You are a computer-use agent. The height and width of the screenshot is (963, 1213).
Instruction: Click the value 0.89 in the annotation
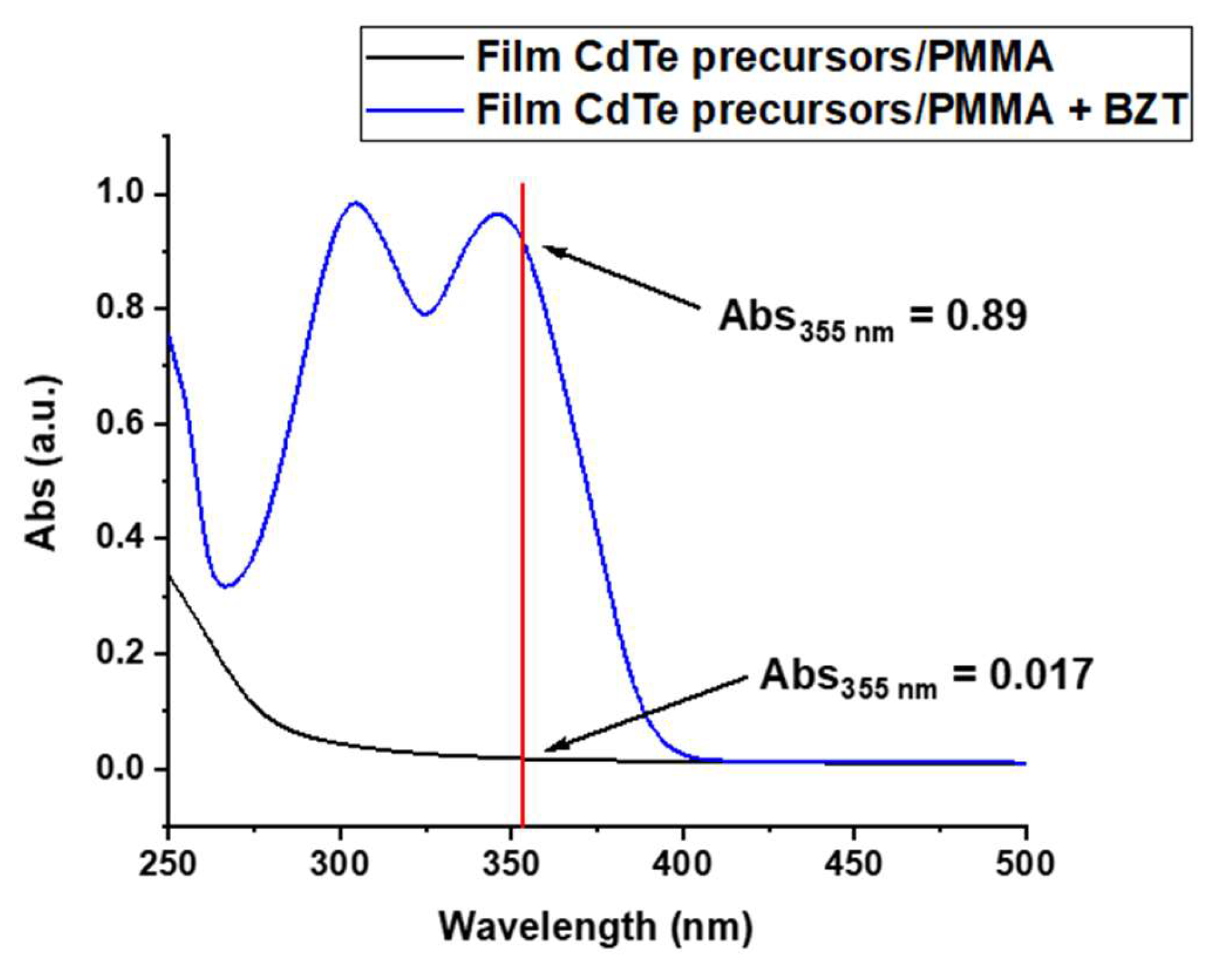pyautogui.click(x=986, y=316)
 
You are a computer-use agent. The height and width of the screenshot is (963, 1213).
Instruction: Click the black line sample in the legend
pyautogui.click(x=414, y=57)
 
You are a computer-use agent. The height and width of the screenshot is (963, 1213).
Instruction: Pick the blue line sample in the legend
pyautogui.click(x=414, y=110)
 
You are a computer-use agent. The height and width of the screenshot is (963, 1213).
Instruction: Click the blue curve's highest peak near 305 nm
pyautogui.click(x=355, y=202)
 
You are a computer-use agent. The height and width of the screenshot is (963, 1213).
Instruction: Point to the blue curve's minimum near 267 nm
pyautogui.click(x=227, y=586)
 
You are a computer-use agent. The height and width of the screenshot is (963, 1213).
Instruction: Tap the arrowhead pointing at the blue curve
pyautogui.click(x=549, y=249)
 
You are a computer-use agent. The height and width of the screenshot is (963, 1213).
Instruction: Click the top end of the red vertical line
pyautogui.click(x=523, y=185)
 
